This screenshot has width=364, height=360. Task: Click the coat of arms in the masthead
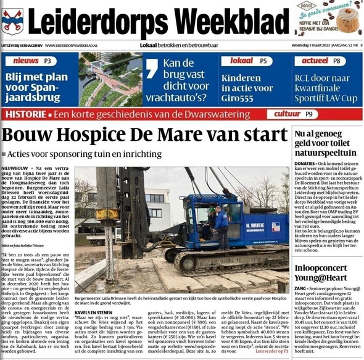[x=12, y=21]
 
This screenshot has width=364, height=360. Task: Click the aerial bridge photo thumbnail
[x=110, y=80]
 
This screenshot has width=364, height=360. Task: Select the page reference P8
[x=336, y=61]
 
